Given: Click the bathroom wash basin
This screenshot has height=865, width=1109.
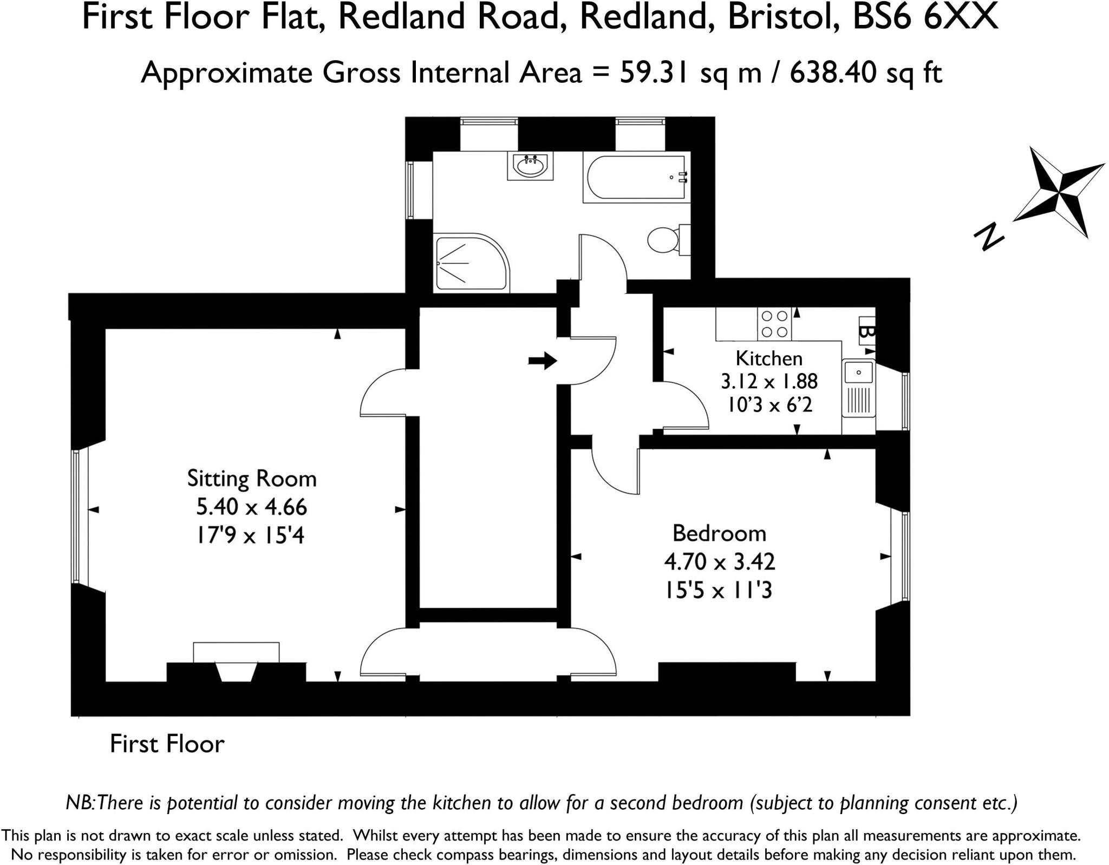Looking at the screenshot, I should point(530,166).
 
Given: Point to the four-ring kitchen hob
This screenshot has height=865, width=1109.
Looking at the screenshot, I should point(774,324).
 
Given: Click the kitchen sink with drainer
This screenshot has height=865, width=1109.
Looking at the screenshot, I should point(858,388).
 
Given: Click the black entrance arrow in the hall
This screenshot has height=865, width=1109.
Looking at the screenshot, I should point(543,360).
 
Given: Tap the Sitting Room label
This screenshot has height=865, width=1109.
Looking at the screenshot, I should point(252,479).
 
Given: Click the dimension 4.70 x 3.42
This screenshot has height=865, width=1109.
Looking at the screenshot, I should point(720,562).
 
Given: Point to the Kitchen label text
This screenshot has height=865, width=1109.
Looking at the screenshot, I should point(769,358).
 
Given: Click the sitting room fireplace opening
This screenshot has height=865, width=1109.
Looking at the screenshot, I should point(236,671).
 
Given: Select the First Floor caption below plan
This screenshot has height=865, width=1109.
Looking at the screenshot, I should point(167,744).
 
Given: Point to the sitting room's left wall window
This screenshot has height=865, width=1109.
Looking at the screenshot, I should point(76,516).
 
